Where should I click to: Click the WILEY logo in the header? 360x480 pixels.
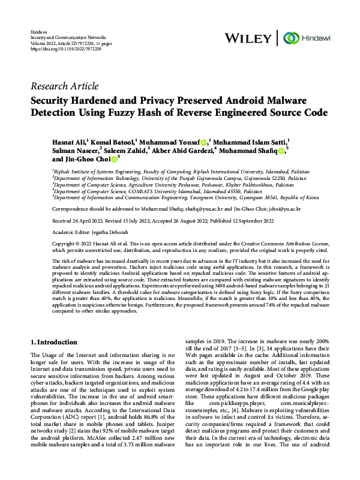pyautogui.click(x=247, y=38)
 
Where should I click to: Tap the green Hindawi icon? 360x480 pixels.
pyautogui.click(x=286, y=38)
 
